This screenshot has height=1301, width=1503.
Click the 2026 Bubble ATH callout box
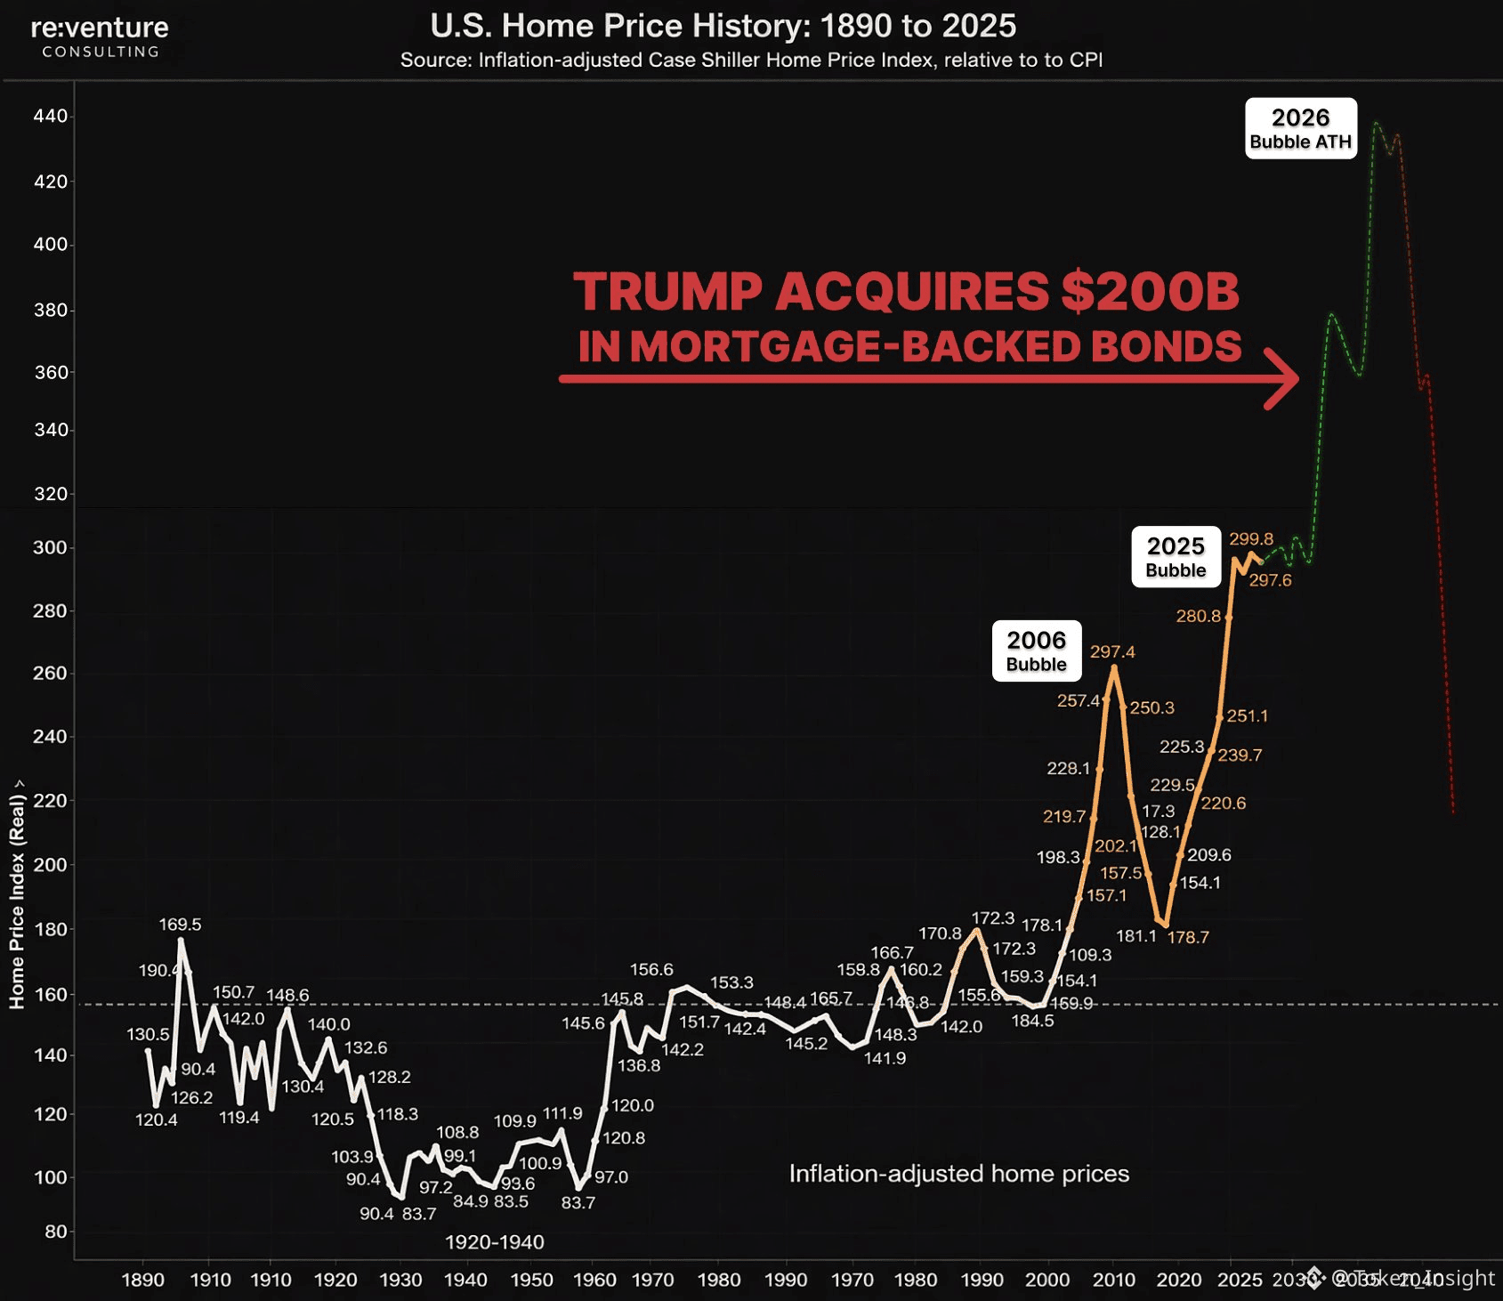[x=1300, y=128]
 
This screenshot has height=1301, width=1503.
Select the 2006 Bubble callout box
[x=1036, y=650]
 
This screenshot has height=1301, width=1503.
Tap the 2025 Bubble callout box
[x=1176, y=556]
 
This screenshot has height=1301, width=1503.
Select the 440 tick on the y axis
[x=50, y=116]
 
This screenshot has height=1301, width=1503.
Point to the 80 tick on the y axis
[x=55, y=1232]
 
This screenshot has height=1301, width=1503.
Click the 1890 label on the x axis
[x=142, y=1280]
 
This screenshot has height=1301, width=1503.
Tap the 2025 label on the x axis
[x=1240, y=1280]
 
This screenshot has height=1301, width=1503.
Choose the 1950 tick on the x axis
[x=531, y=1280]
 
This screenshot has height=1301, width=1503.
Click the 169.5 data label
[x=180, y=925]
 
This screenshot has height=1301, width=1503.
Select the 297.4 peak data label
[x=1112, y=651]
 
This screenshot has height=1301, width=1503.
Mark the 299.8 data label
[x=1251, y=538]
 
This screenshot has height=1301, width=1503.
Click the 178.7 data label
[x=1188, y=937]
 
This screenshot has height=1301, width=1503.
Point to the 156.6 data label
[x=651, y=969]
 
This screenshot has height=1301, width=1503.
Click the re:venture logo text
[x=100, y=28]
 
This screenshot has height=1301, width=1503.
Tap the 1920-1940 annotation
[x=494, y=1241]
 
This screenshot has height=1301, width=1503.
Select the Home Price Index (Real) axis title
[x=17, y=899]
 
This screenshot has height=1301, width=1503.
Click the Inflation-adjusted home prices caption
[x=958, y=1174]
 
